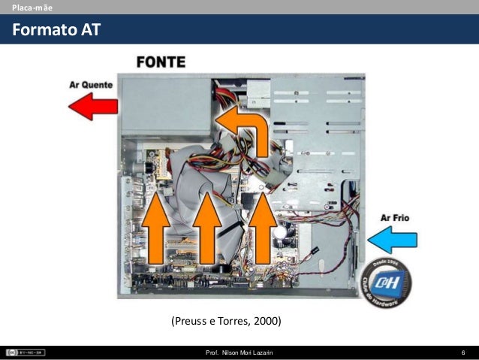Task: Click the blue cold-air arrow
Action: pos(394,241)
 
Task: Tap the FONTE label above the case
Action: pos(160,63)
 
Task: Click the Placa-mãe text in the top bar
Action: pos(28,7)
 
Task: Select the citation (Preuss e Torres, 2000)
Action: pos(226,322)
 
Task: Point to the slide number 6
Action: pos(463,353)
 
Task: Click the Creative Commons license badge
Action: pos(25,352)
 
